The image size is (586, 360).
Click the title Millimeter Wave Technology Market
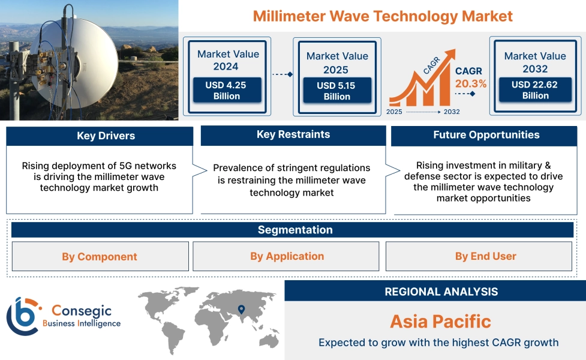(383, 16)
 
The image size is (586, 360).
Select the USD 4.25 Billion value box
(227, 90)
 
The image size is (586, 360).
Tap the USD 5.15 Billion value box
(337, 91)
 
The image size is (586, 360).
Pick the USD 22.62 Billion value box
(535, 90)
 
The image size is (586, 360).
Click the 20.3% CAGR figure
(471, 84)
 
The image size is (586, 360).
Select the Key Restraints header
(293, 135)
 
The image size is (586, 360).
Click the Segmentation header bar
(292, 230)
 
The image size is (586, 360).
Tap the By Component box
(100, 256)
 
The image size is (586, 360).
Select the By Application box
(286, 256)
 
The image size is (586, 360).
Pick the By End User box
(479, 256)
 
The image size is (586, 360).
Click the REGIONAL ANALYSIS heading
(441, 292)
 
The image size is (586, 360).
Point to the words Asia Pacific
(441, 322)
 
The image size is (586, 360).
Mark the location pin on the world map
(242, 310)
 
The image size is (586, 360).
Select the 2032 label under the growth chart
(452, 112)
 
